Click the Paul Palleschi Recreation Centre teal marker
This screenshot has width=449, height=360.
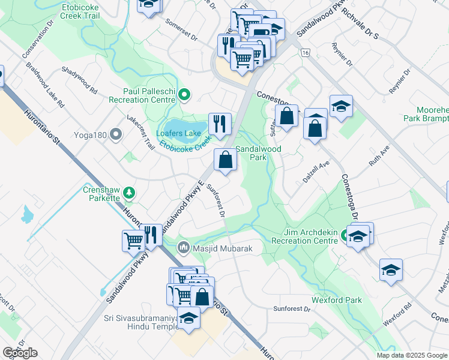point(185,94)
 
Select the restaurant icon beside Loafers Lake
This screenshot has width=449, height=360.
point(220,124)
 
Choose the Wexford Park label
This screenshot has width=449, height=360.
point(336,299)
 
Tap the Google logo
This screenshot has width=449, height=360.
point(20,353)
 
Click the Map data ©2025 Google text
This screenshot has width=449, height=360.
point(411,355)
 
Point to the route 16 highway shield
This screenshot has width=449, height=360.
point(306,53)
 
